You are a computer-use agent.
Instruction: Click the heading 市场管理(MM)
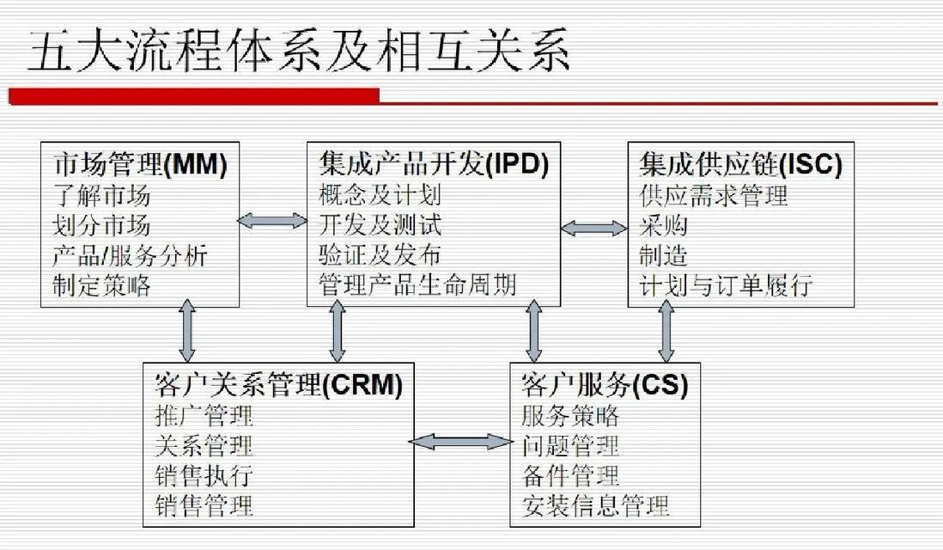click(140, 163)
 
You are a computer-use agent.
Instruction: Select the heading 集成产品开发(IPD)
click(434, 163)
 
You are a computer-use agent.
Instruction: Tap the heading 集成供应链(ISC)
click(740, 163)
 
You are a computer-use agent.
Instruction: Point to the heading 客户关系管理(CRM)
click(278, 384)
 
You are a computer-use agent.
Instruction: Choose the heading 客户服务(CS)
click(605, 384)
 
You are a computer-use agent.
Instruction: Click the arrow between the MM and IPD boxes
click(273, 220)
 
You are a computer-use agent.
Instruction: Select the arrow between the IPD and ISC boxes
click(594, 228)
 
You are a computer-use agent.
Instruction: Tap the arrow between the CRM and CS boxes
click(461, 443)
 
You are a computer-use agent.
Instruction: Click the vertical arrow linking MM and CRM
click(187, 332)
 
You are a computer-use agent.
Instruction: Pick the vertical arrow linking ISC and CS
click(666, 332)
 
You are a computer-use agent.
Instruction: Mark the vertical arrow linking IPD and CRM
click(338, 332)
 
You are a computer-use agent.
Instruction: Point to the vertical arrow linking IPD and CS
click(533, 332)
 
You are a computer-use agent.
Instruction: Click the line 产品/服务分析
click(130, 256)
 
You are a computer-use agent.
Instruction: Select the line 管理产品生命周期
click(417, 284)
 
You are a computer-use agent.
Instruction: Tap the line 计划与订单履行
click(726, 284)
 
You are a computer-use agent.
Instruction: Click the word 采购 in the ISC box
click(663, 226)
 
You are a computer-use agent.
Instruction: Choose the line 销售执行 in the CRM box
click(204, 475)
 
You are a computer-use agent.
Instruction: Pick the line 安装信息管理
click(595, 505)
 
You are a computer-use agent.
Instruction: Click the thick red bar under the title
click(193, 96)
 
